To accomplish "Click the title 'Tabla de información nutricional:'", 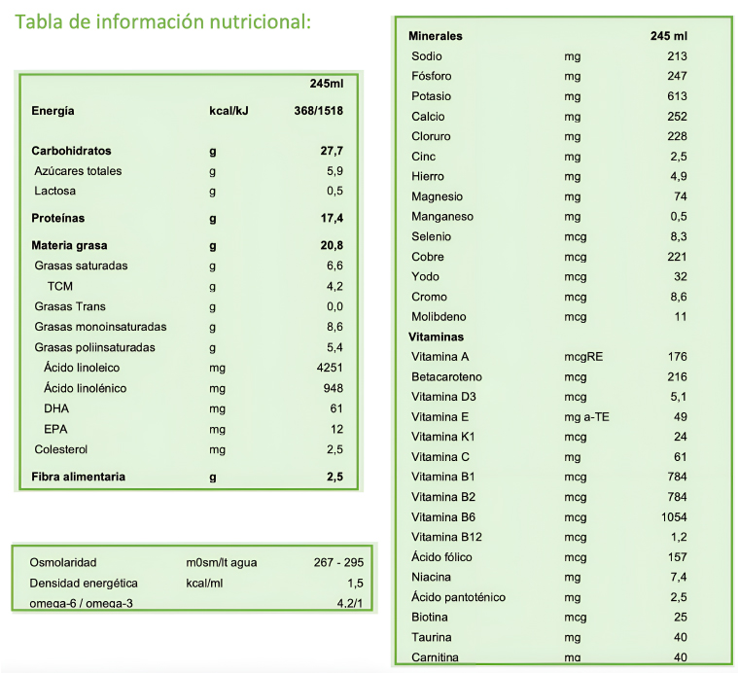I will click(161, 21).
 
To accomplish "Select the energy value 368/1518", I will click(318, 111).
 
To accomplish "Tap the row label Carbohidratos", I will click(71, 151).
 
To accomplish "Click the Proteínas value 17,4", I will click(332, 218).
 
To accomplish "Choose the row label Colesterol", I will click(62, 449).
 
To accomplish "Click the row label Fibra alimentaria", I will click(79, 477).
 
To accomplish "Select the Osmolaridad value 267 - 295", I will click(337, 562).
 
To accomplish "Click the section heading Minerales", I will click(437, 36).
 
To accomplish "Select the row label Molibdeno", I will click(439, 316).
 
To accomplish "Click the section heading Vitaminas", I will click(436, 336).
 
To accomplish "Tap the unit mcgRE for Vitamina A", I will click(583, 357).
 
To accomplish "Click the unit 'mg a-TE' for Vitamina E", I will click(587, 416).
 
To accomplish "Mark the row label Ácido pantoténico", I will click(458, 597).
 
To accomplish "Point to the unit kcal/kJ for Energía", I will click(229, 111).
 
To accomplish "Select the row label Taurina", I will click(431, 637).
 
